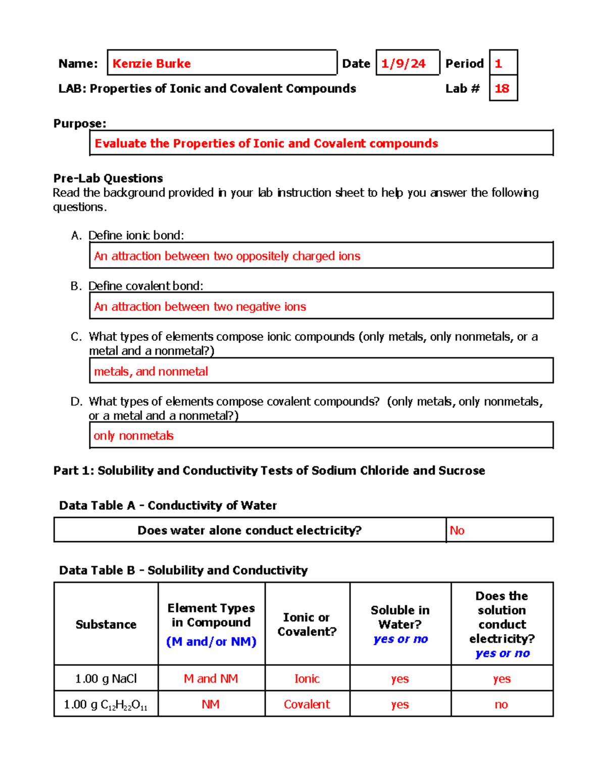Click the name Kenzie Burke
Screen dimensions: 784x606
pyautogui.click(x=151, y=64)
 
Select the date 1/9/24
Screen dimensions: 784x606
pyautogui.click(x=403, y=64)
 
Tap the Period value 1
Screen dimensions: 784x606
pyautogui.click(x=498, y=64)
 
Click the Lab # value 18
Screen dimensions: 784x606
pyautogui.click(x=501, y=89)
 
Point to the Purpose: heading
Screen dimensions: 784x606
pyautogui.click(x=80, y=124)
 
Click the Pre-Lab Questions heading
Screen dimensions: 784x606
pyautogui.click(x=108, y=178)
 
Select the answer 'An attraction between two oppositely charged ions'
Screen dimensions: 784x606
pyautogui.click(x=227, y=256)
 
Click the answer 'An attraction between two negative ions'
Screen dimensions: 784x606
pyautogui.click(x=200, y=306)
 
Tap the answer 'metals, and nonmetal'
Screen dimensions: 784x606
pyautogui.click(x=151, y=372)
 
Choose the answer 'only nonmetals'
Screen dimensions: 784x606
pyautogui.click(x=133, y=436)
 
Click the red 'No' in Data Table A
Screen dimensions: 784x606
pyautogui.click(x=457, y=530)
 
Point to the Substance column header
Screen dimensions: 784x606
pyautogui.click(x=106, y=624)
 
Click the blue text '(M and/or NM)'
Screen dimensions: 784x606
pyautogui.click(x=211, y=642)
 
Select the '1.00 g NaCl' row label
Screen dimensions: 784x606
pyautogui.click(x=106, y=678)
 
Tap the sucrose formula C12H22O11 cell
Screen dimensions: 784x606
pyautogui.click(x=106, y=705)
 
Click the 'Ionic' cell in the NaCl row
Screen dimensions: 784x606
pyautogui.click(x=307, y=678)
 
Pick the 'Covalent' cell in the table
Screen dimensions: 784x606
pyautogui.click(x=307, y=704)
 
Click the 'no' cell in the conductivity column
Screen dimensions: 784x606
pyautogui.click(x=501, y=704)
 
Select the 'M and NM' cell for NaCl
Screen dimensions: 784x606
pyautogui.click(x=211, y=678)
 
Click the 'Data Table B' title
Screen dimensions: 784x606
pyautogui.click(x=183, y=570)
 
